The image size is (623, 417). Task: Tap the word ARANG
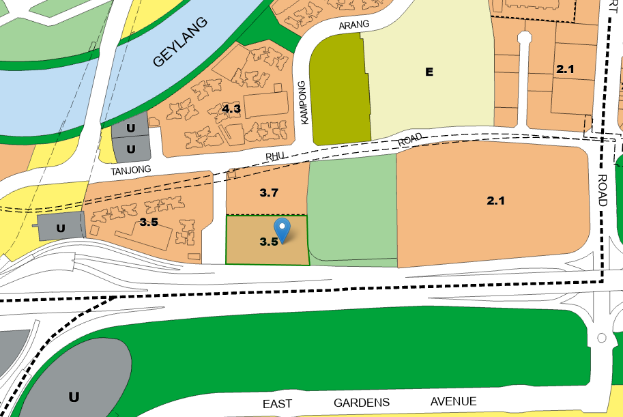point(353,25)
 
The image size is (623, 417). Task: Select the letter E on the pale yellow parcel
point(429,72)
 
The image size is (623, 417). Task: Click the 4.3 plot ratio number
point(231,109)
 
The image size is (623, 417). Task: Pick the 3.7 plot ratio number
point(269,193)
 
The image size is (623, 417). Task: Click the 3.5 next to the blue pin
point(268,241)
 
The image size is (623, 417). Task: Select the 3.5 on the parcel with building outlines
point(149,222)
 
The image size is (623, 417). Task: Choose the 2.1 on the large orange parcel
point(495,201)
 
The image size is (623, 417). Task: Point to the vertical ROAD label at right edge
point(602,189)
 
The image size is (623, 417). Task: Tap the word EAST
point(277,403)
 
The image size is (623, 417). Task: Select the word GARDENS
point(361,403)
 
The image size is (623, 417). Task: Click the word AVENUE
point(453,401)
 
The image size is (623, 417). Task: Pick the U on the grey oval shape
point(74,396)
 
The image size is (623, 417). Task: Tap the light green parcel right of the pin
point(352,207)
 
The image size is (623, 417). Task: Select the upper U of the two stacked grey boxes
point(130,128)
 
